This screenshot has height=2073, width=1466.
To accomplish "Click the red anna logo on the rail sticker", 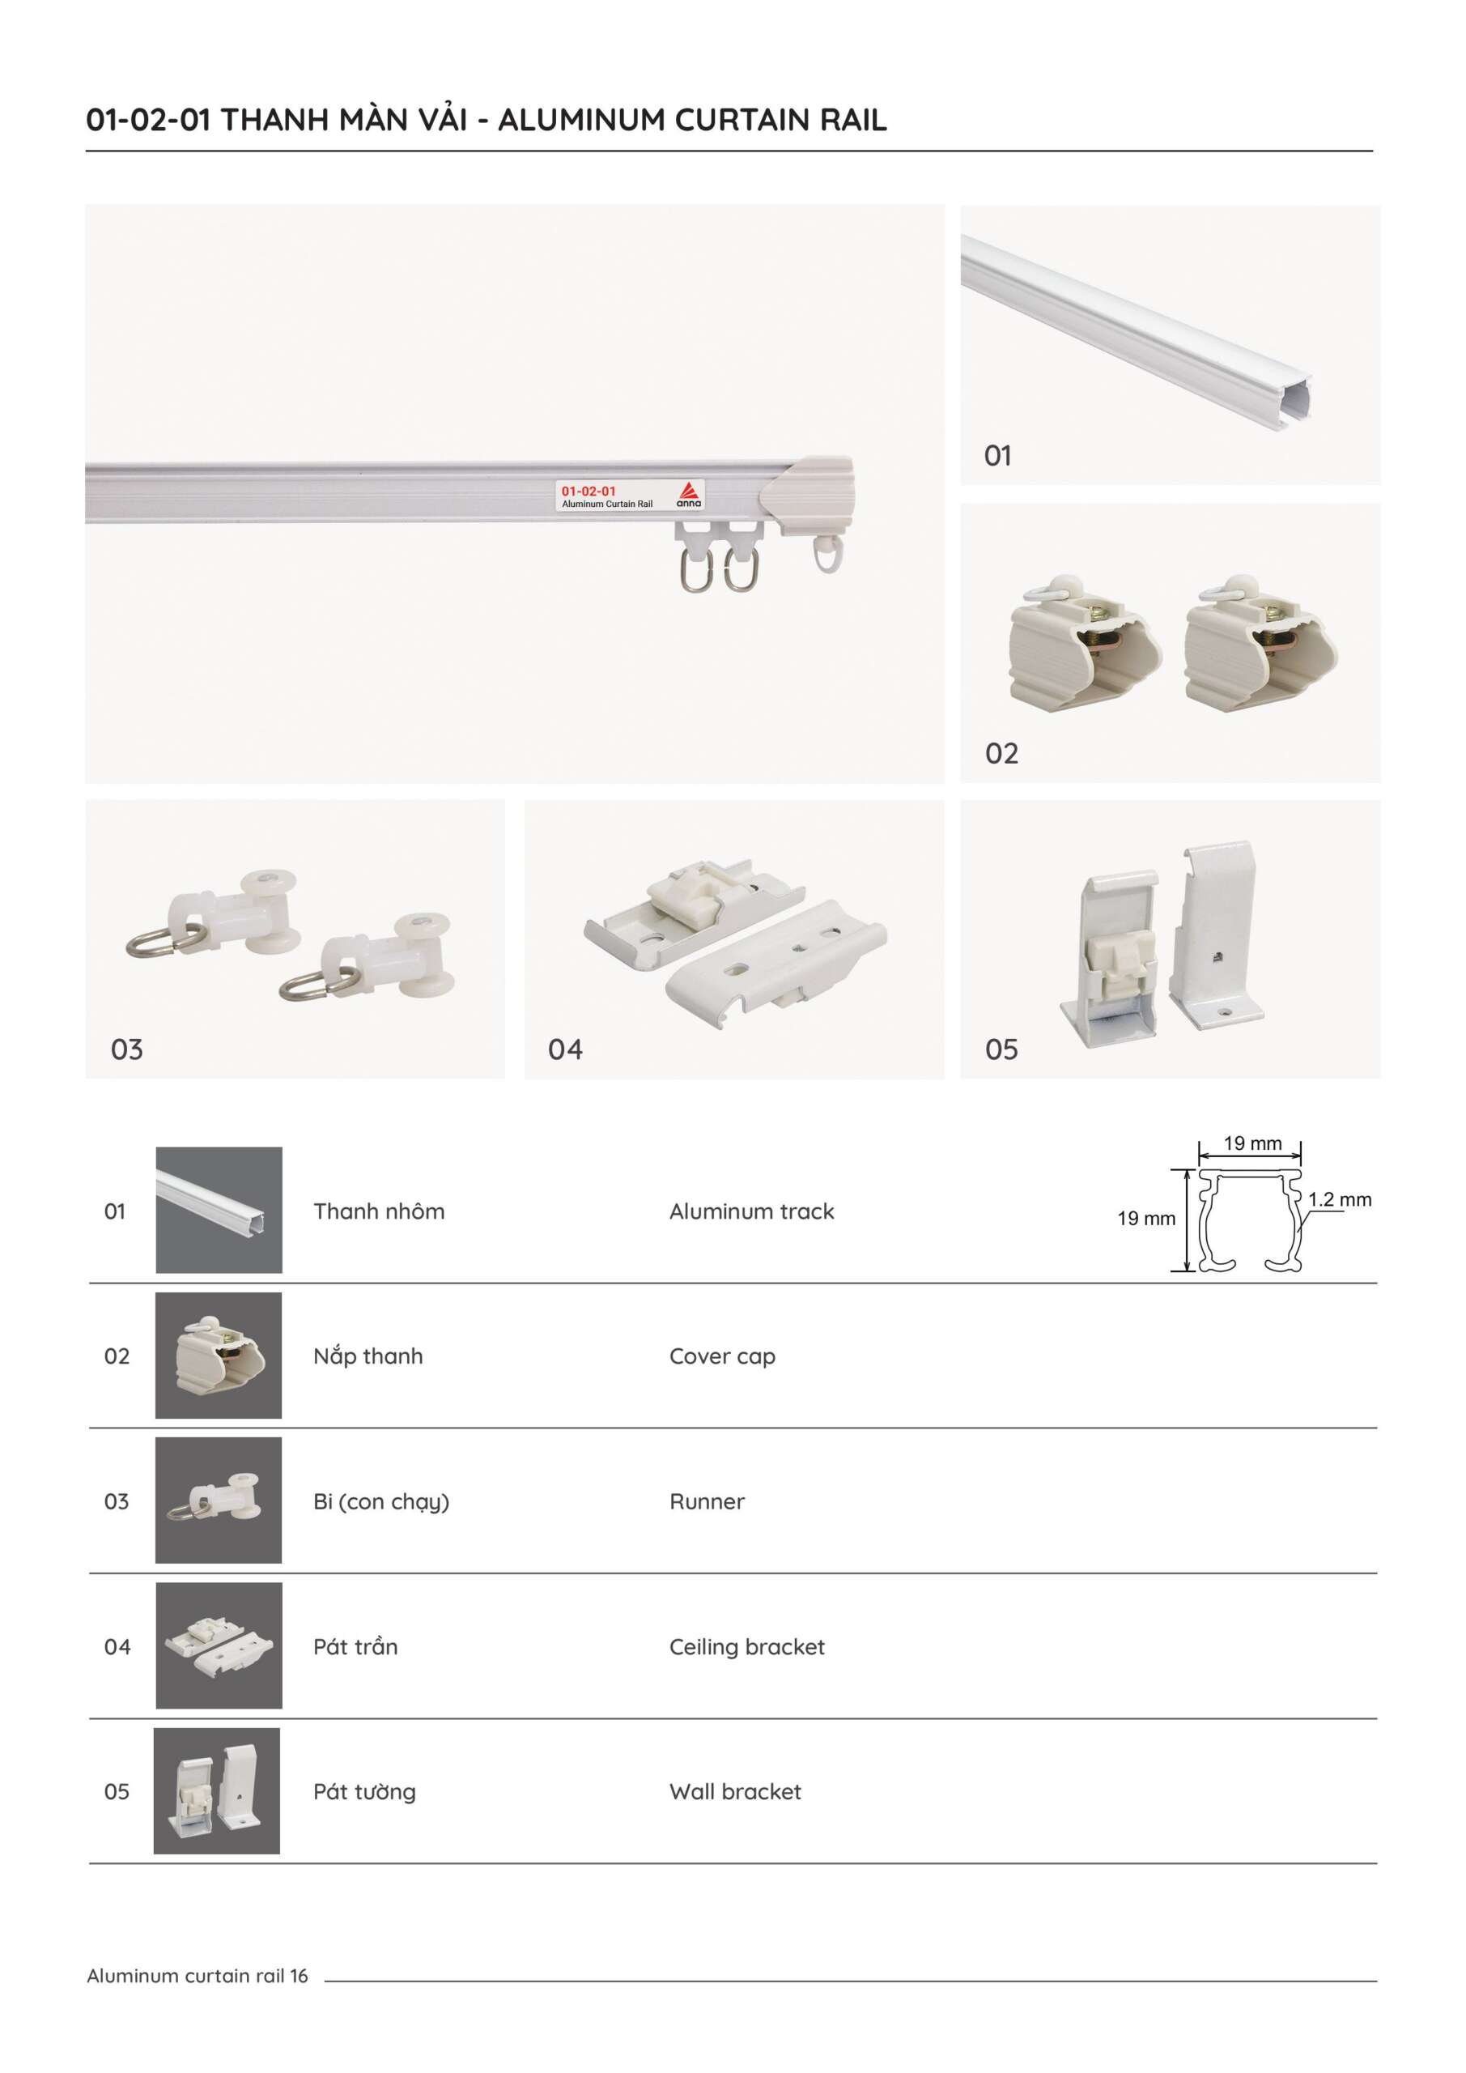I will pyautogui.click(x=689, y=493).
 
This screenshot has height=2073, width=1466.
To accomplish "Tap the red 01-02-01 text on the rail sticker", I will pyautogui.click(x=589, y=492).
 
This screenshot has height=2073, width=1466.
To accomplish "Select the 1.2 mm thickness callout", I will pyautogui.click(x=1340, y=1200).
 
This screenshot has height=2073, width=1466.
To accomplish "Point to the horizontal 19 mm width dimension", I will pyautogui.click(x=1252, y=1144).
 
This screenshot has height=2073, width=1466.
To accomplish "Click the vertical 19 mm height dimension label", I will pyautogui.click(x=1146, y=1219).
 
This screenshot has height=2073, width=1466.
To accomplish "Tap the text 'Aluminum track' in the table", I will pyautogui.click(x=751, y=1211).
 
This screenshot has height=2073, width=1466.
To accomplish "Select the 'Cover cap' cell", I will pyautogui.click(x=722, y=1356).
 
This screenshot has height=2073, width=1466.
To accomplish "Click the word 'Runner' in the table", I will pyautogui.click(x=707, y=1501).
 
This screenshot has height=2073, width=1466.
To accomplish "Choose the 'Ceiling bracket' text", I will pyautogui.click(x=746, y=1647).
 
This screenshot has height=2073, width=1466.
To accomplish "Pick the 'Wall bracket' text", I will pyautogui.click(x=735, y=1791).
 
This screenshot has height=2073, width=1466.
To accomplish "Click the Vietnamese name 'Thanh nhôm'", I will pyautogui.click(x=379, y=1211).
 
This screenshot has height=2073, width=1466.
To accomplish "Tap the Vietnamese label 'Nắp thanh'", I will pyautogui.click(x=368, y=1356).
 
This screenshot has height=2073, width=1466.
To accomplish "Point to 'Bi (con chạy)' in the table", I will pyautogui.click(x=381, y=1501).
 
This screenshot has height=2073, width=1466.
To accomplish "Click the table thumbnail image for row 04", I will pyautogui.click(x=219, y=1645).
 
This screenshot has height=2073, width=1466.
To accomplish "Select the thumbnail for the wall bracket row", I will pyautogui.click(x=217, y=1790).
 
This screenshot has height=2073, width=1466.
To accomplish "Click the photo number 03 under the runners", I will pyautogui.click(x=126, y=1049).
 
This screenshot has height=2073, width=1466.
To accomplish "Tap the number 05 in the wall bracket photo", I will pyautogui.click(x=1001, y=1049).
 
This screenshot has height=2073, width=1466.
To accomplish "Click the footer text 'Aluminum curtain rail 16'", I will pyautogui.click(x=197, y=1976).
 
